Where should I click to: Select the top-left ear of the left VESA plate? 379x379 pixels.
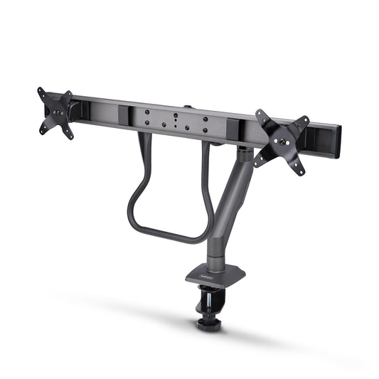pos(41,91)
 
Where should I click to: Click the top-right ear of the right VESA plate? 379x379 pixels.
pos(307,119)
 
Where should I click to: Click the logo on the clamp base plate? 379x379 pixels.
pos(205,269)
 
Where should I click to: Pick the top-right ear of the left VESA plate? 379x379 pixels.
pos(68,95)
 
